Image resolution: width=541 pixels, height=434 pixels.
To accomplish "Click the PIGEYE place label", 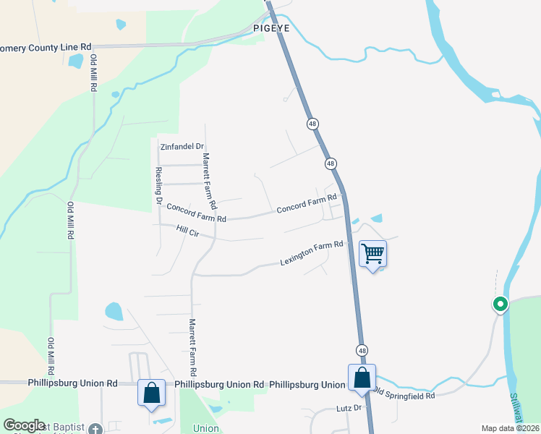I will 271,28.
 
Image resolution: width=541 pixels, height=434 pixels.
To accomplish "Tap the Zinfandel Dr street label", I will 182,146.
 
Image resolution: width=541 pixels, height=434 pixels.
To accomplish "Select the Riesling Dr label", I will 159,185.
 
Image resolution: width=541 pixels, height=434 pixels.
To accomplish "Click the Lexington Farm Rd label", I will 311,254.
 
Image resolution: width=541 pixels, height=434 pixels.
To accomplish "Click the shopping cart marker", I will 372,254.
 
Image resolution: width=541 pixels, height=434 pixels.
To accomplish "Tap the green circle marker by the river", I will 500,305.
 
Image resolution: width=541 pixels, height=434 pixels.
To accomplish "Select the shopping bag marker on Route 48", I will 362,378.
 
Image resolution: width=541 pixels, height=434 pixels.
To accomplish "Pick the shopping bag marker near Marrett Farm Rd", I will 152,393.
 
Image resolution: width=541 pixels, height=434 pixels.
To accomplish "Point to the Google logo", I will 24,425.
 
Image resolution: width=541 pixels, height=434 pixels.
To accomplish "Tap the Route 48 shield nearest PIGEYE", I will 312,124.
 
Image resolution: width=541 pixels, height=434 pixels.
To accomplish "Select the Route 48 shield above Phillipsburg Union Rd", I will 362,350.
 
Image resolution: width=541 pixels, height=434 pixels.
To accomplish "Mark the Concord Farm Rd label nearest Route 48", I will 307,203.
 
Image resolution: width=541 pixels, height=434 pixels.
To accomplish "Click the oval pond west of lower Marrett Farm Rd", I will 114,312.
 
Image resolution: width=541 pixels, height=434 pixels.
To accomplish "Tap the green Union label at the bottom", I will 206,428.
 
